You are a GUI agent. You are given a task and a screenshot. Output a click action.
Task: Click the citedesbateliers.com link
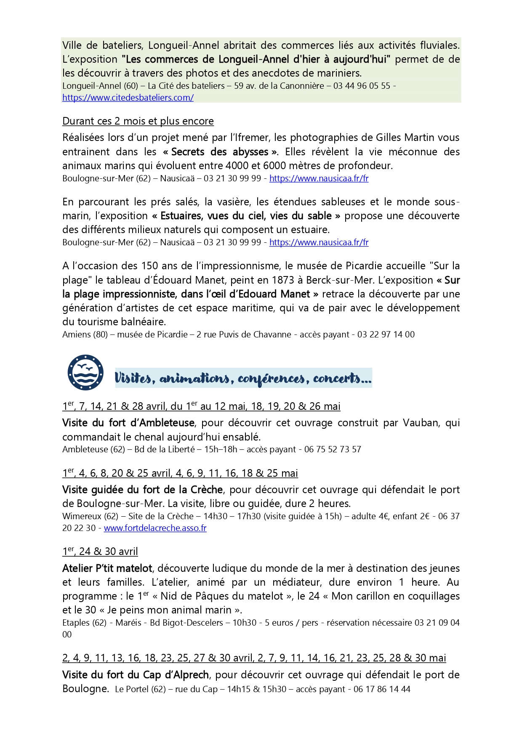pyautogui.click(x=128, y=98)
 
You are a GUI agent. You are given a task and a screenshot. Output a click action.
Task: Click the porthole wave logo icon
pyautogui.click(x=85, y=372)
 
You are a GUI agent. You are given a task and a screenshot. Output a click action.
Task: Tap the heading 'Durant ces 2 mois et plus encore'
pyautogui.click(x=138, y=121)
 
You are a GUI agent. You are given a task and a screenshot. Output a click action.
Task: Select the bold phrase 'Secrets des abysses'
pyautogui.click(x=220, y=151)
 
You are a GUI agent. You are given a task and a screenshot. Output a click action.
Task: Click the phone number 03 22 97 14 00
pyautogui.click(x=386, y=334)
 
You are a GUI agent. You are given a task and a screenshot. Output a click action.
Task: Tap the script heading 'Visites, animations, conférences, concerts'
pyautogui.click(x=243, y=378)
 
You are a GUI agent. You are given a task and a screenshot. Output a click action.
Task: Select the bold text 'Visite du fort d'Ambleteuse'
pyautogui.click(x=128, y=423)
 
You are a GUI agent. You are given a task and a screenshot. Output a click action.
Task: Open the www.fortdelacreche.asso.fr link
pyautogui.click(x=155, y=528)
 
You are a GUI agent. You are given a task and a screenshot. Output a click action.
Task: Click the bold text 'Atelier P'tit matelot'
pyautogui.click(x=107, y=568)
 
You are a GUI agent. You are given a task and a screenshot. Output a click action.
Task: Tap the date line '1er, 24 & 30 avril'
pyautogui.click(x=100, y=552)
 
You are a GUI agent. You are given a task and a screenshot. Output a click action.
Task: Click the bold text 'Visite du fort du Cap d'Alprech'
pyautogui.click(x=136, y=675)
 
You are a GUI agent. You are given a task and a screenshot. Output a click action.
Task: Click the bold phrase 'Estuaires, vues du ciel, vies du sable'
pyautogui.click(x=246, y=216)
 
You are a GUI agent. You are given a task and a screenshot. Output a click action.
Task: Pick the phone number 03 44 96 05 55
pyautogui.click(x=362, y=86)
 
